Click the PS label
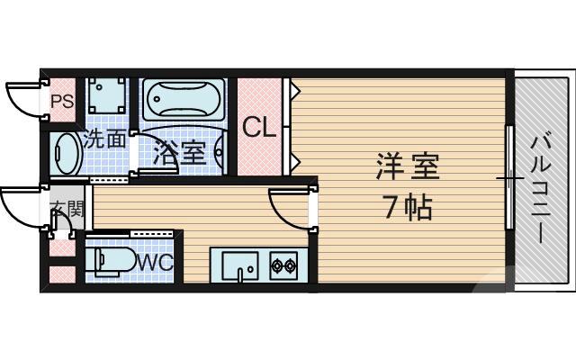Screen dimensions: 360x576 tap(61, 102)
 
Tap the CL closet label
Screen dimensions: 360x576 tap(259, 127)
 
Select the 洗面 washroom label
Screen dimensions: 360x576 tap(104, 139)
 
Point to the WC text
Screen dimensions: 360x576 tap(155, 262)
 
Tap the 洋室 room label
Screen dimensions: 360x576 tap(408, 167)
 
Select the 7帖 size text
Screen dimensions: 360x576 tap(408, 208)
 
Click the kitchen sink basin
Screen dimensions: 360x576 tap(238, 266)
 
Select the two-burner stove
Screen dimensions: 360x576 tap(283, 265)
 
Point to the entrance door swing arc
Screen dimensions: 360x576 tap(20, 207)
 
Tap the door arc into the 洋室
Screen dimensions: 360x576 tap(290, 209)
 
